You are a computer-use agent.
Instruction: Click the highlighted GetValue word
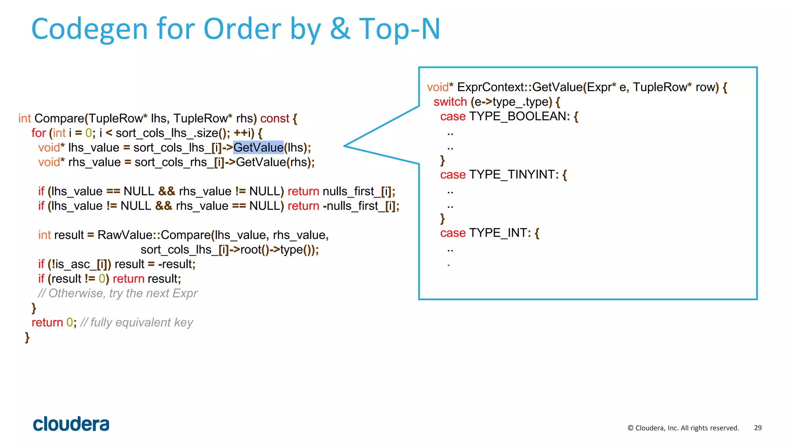(x=258, y=147)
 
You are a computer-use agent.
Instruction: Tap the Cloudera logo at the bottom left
(x=71, y=424)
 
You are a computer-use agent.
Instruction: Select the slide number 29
(x=758, y=428)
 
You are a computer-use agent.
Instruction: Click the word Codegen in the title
(x=90, y=29)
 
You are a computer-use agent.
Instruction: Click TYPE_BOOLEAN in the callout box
(x=518, y=116)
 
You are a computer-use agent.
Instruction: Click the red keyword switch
(x=450, y=102)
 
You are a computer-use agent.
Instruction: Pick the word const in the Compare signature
(x=274, y=118)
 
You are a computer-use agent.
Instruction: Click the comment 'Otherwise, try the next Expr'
(x=118, y=293)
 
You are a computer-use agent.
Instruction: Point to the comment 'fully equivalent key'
(x=136, y=322)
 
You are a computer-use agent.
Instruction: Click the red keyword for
(x=38, y=133)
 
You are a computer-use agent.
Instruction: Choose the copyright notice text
(x=683, y=428)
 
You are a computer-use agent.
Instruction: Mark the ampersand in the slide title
(x=340, y=29)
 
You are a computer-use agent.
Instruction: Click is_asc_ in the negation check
(x=74, y=264)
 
